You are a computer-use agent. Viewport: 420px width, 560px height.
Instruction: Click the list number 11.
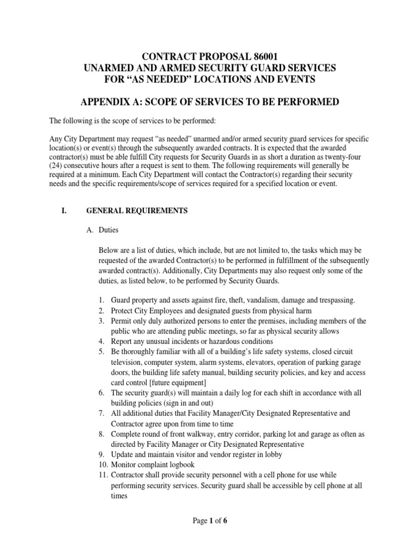(x=101, y=475)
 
